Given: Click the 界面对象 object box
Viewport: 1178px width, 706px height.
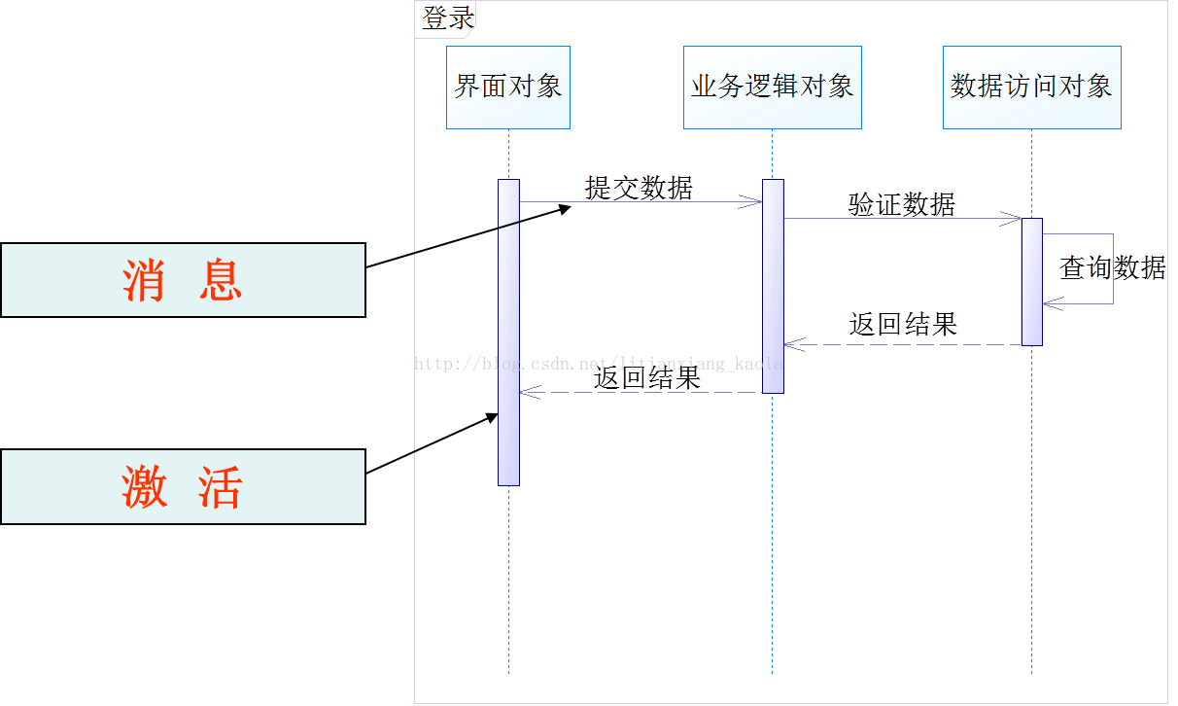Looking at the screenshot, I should tap(508, 88).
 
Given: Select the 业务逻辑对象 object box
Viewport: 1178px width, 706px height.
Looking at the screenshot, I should tap(773, 88).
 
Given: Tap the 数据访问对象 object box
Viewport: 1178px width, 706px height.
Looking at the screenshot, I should tap(1031, 88).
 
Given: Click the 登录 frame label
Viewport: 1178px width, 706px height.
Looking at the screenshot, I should tap(447, 18).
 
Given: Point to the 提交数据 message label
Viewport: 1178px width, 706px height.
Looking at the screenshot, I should tap(639, 188).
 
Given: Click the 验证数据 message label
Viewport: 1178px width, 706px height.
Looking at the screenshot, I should tap(902, 204).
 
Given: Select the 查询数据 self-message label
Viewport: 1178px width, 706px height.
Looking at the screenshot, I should tap(1112, 267).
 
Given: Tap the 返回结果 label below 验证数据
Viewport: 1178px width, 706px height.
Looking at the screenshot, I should tap(903, 324).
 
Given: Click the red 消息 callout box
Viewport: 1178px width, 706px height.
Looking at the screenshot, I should tap(183, 280).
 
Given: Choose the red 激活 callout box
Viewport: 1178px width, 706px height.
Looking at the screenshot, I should tap(183, 486).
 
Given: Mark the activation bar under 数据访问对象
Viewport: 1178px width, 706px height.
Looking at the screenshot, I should tap(1031, 281).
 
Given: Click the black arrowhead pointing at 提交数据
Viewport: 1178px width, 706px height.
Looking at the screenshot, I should tap(565, 207).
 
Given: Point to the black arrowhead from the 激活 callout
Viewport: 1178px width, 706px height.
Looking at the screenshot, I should tap(491, 417).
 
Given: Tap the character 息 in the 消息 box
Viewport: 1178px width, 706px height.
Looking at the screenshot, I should tap(220, 280).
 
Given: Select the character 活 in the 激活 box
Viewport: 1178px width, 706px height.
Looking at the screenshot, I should tap(220, 486).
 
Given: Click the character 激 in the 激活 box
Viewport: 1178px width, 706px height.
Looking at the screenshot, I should tap(145, 486).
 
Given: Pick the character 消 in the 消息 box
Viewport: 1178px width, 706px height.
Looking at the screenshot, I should tap(145, 280).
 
